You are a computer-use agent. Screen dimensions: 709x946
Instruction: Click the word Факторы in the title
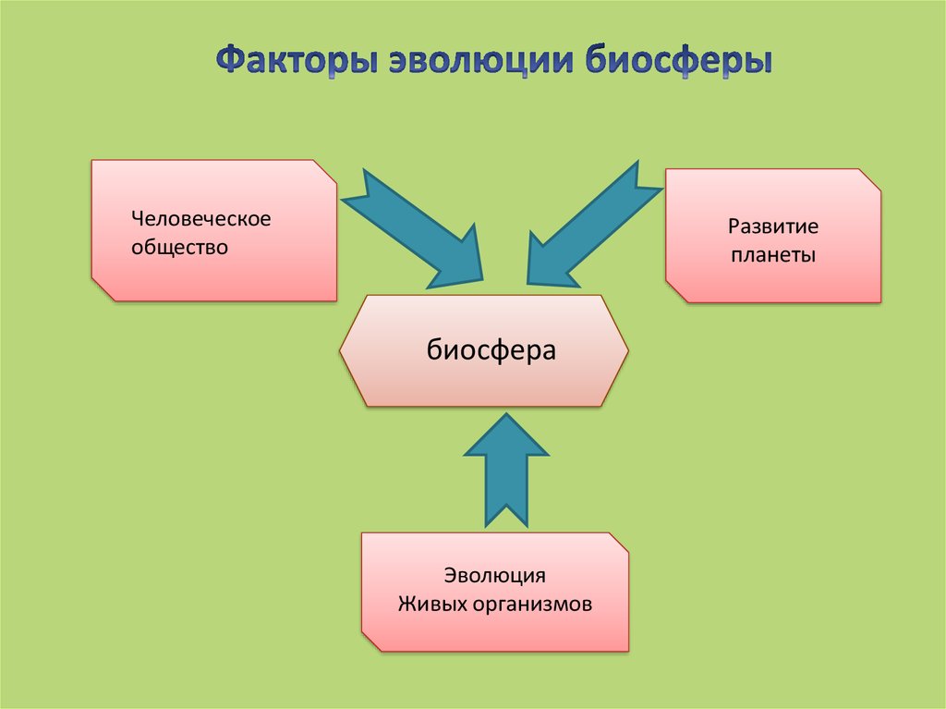click(x=295, y=62)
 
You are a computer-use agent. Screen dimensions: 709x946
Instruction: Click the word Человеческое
click(x=200, y=220)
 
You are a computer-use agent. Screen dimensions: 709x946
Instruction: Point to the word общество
click(x=178, y=248)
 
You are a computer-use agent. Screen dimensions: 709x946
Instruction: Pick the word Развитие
click(x=773, y=226)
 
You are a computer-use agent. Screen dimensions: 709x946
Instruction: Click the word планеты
click(x=773, y=254)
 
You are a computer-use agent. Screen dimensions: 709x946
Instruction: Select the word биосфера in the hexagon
click(x=491, y=350)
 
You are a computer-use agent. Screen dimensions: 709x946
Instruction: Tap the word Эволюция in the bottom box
click(x=494, y=575)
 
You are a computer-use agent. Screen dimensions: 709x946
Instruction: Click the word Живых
click(x=430, y=604)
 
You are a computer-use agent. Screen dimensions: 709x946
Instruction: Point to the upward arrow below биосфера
click(x=506, y=471)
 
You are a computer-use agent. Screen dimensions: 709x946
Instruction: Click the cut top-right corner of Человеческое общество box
click(x=324, y=172)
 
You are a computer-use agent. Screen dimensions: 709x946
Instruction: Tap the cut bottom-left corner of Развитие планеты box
click(x=676, y=290)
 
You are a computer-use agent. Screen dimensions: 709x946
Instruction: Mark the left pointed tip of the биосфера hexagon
click(x=342, y=351)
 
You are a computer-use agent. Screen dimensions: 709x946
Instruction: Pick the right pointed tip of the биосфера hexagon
click(x=627, y=351)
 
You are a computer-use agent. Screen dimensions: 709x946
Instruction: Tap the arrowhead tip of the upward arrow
click(x=506, y=415)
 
